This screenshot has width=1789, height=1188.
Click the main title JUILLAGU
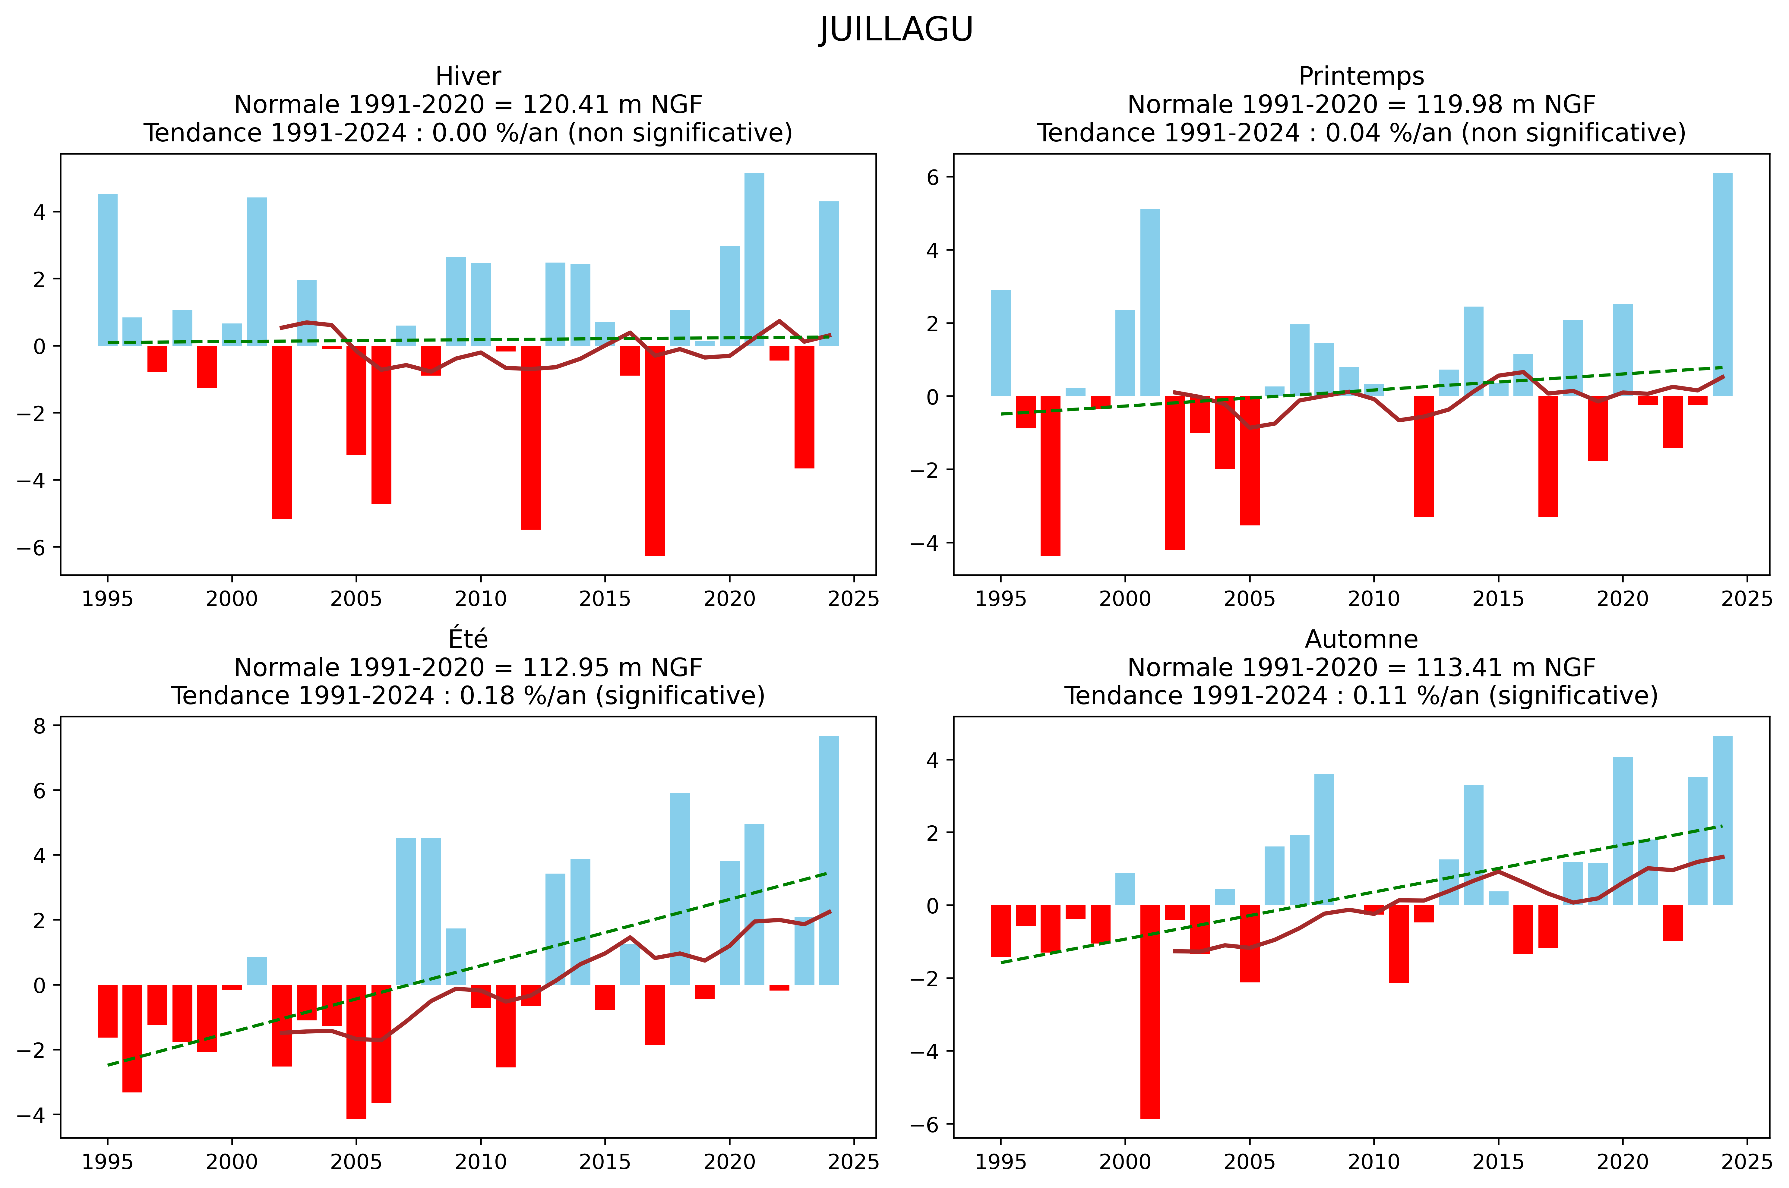(896, 30)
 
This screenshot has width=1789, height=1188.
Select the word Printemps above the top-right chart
(1361, 77)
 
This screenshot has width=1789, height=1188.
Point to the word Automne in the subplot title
(1361, 639)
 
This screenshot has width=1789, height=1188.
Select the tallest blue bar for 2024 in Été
(829, 860)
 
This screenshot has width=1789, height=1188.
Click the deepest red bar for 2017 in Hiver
(655, 451)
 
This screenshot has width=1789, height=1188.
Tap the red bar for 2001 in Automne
(1149, 1011)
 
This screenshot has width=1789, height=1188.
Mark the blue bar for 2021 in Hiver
(754, 259)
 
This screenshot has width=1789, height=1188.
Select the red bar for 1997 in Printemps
(1050, 476)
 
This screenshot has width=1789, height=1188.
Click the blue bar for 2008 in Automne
(1324, 840)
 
